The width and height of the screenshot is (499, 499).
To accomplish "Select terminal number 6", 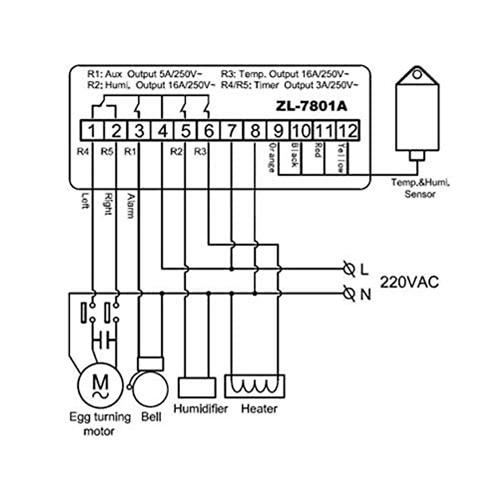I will [x=209, y=131].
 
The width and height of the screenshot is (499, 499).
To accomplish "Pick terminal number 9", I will [x=278, y=131].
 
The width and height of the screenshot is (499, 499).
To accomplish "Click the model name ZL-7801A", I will [x=311, y=106].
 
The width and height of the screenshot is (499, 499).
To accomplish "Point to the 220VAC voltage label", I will [x=409, y=282].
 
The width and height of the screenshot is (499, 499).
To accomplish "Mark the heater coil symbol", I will [x=254, y=386].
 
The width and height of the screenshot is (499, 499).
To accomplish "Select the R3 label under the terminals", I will [x=200, y=152].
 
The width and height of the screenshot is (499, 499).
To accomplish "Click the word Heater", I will [x=259, y=409].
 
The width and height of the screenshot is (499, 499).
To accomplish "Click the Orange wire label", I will [x=272, y=157].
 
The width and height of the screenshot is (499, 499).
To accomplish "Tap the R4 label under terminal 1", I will [x=83, y=152].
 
